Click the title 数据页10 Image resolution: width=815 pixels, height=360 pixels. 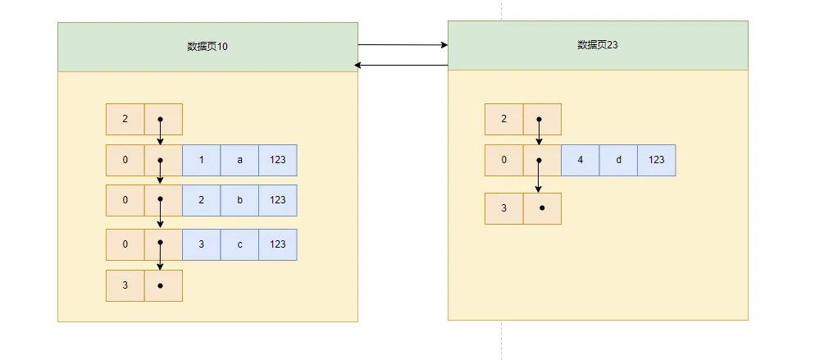(x=207, y=47)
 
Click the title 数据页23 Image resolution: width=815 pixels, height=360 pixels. (x=597, y=45)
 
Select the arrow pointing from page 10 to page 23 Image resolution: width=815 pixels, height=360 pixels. (x=403, y=44)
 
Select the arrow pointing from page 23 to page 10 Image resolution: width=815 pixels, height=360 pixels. (x=403, y=64)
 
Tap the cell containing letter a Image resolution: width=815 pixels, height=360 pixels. (x=239, y=160)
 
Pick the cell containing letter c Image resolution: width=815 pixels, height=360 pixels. (x=239, y=244)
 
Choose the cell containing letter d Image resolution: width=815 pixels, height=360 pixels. (x=618, y=160)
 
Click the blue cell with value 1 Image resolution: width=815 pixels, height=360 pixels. (x=202, y=160)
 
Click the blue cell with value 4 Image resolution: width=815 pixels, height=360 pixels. (x=581, y=160)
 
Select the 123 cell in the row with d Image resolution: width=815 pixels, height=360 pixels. (x=656, y=160)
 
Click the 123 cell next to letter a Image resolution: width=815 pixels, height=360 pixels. (x=277, y=160)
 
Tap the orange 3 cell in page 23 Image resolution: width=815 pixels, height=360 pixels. (x=504, y=208)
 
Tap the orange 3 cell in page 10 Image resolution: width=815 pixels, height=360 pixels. (x=125, y=285)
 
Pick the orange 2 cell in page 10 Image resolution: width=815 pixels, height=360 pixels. (x=125, y=119)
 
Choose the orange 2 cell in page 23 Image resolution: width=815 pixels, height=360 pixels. (x=504, y=119)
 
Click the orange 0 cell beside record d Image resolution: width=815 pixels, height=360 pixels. (x=504, y=160)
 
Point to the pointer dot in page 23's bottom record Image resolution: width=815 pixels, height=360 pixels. (x=542, y=208)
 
